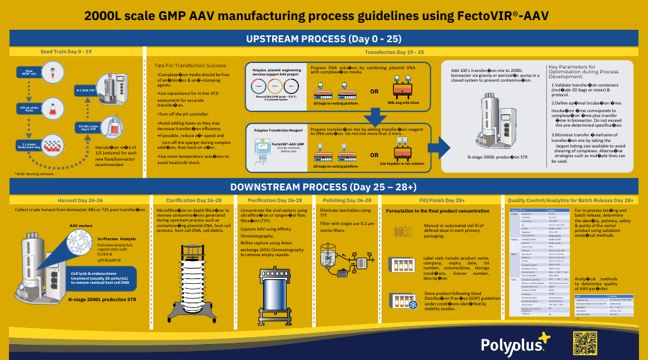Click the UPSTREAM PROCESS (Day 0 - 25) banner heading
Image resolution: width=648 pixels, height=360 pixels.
pyautogui.click(x=323, y=39)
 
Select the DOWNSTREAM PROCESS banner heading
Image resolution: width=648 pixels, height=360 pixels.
pyautogui.click(x=323, y=186)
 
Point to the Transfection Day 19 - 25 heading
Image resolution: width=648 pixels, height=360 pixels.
pyautogui.click(x=395, y=52)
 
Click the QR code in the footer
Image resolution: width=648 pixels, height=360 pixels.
pyautogui.click(x=585, y=343)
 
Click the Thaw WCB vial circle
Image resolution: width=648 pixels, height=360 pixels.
pyautogui.click(x=29, y=72)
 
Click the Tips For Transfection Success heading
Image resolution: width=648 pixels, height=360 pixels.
pyautogui.click(x=191, y=65)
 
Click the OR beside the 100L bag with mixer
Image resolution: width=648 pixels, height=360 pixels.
pyautogui.click(x=375, y=91)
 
